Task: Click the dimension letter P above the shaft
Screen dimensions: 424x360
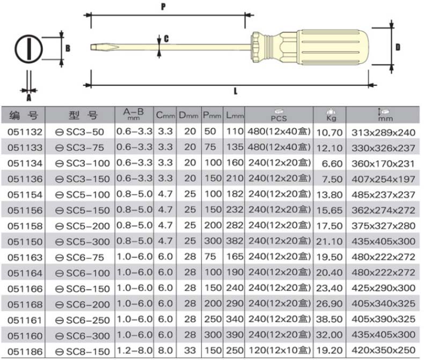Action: (163, 6)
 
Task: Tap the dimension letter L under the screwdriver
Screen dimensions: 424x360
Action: (236, 91)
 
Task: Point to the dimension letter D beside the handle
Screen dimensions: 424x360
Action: (398, 47)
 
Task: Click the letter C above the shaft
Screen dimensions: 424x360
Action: (166, 39)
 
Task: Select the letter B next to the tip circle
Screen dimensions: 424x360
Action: (68, 48)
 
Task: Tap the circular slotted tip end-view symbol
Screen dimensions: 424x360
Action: (28, 49)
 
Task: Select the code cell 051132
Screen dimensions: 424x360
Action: (25, 132)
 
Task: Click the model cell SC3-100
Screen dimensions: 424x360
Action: (83, 164)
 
